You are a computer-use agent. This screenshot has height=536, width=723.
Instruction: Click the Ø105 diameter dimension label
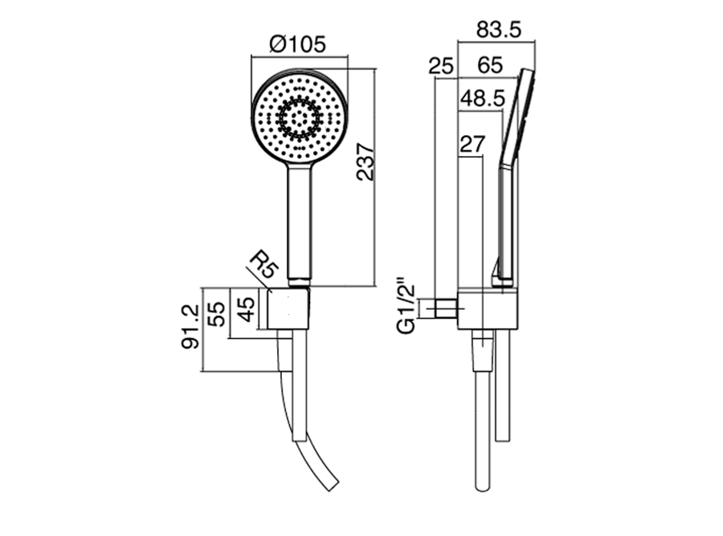tap(298, 44)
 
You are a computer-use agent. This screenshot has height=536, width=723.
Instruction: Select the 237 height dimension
tap(366, 162)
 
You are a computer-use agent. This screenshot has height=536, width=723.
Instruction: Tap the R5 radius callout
tap(264, 264)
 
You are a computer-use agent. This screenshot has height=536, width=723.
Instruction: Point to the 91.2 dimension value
tap(190, 326)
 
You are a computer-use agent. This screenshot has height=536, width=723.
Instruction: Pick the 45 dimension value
tap(245, 309)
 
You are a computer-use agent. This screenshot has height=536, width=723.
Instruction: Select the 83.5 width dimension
tap(499, 30)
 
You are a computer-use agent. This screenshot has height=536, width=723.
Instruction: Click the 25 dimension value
tap(441, 66)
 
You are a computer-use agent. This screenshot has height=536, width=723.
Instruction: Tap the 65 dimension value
tap(490, 65)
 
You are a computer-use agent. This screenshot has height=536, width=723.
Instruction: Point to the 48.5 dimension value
tap(483, 98)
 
